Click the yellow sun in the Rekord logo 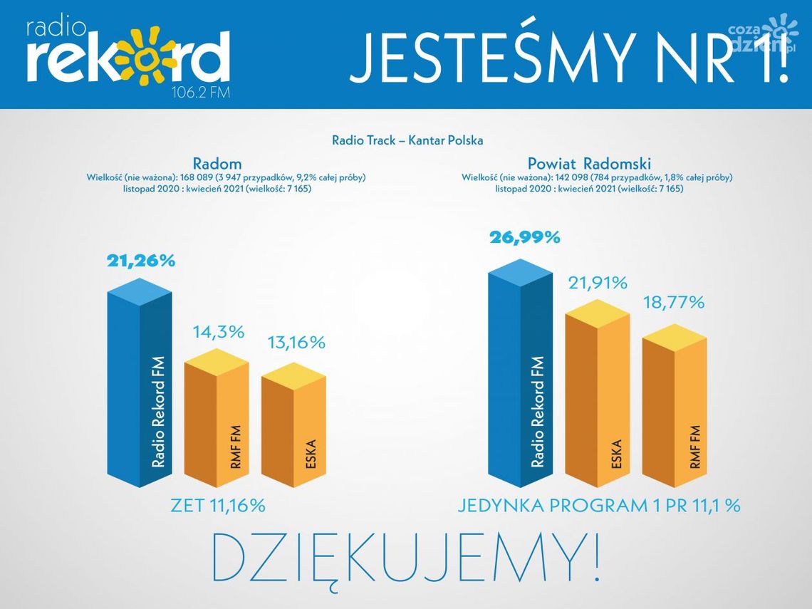tap(147, 56)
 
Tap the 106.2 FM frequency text tap(202, 93)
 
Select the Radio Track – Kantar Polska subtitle tap(407, 140)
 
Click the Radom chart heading tap(217, 163)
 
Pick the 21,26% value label tap(141, 261)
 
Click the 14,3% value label tap(218, 331)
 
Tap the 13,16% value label tap(296, 343)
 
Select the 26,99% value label tap(524, 237)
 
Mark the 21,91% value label tap(597, 283)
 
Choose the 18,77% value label tap(675, 302)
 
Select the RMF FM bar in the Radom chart tap(217, 420)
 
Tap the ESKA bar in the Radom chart tap(293, 427)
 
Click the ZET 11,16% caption tap(218, 506)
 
